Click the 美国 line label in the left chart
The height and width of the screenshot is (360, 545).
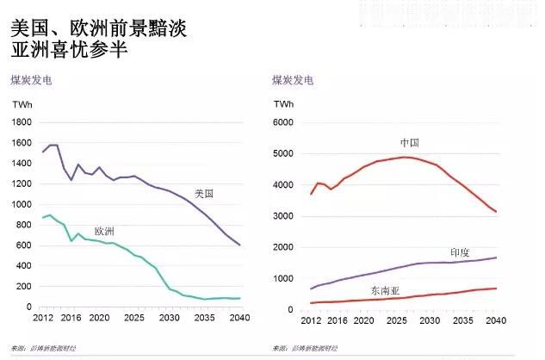(x=204, y=195)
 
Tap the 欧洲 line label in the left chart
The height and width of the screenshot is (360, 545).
(x=104, y=231)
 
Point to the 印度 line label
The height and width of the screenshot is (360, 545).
(x=461, y=252)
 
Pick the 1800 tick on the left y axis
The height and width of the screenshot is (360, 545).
(x=22, y=122)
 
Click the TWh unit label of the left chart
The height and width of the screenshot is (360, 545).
(x=22, y=103)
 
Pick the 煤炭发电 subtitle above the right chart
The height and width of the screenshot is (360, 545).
(x=293, y=80)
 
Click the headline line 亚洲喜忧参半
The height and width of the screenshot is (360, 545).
(x=69, y=51)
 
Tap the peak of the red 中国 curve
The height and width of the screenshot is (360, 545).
(x=406, y=157)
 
